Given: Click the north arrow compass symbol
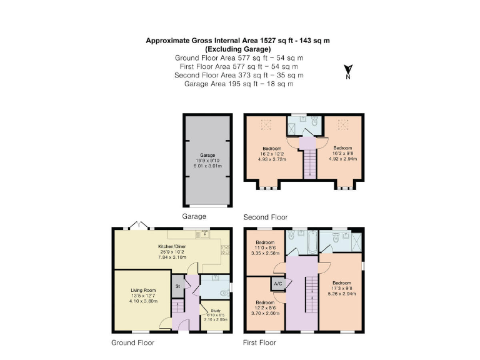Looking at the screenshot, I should point(349,71).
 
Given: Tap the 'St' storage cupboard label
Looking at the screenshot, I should point(177,287).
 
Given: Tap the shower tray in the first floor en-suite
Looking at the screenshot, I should point(352,241).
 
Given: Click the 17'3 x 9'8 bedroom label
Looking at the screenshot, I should point(341,286).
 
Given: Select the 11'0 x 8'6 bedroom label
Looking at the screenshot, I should point(265,246).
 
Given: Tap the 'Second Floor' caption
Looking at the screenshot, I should point(265,217).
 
